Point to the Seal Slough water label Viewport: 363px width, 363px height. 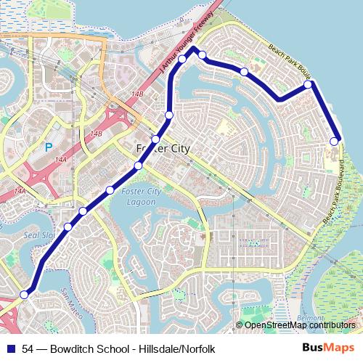coord(38,234)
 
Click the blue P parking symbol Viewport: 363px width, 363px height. coord(49,147)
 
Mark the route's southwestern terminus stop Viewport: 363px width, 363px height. coord(24,295)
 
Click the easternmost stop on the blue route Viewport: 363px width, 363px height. coord(335,141)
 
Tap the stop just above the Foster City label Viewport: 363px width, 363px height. coord(155,139)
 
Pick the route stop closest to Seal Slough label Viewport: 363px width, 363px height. coord(68,227)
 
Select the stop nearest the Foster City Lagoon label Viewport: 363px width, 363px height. coord(110,191)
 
